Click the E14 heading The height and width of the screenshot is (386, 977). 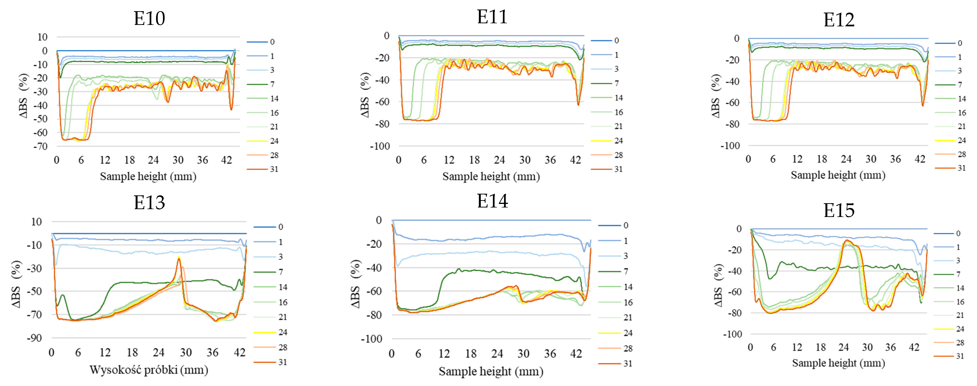pos(492,201)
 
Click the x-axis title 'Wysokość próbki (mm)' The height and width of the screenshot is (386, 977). pos(149,370)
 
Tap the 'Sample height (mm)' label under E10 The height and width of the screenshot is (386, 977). pos(148,176)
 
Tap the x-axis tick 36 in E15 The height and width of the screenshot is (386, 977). pos(891,347)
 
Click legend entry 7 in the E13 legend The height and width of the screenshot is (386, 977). pos(281,272)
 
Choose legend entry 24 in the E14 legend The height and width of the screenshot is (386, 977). pos(628,333)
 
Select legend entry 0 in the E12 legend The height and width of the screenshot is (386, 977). pos(960,43)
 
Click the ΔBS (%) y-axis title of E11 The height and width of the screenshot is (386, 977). pos(365,95)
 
